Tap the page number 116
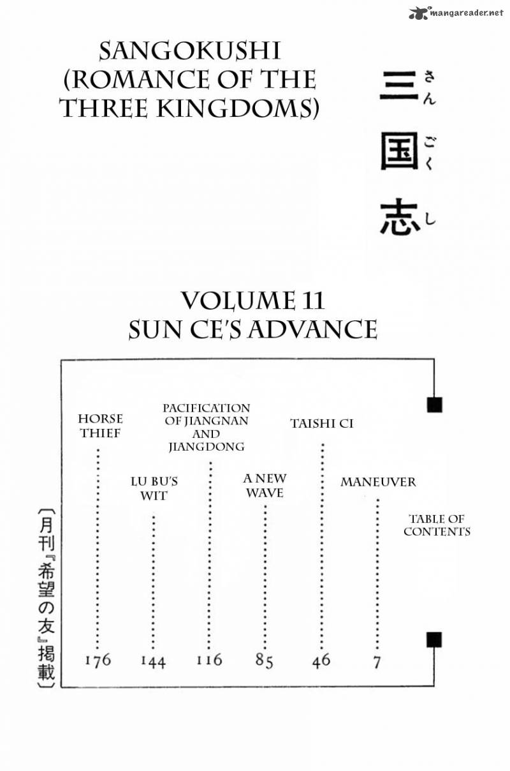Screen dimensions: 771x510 click(x=209, y=660)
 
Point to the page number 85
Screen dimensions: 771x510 click(x=265, y=661)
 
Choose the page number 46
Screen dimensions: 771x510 click(x=321, y=660)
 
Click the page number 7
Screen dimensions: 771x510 click(x=377, y=662)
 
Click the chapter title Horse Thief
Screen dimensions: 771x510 click(x=100, y=426)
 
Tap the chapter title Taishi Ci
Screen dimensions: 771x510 click(x=321, y=423)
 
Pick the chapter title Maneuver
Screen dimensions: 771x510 click(x=377, y=482)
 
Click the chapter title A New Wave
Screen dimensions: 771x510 click(x=265, y=485)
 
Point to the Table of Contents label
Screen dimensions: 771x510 click(x=437, y=525)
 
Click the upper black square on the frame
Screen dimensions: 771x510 click(x=435, y=405)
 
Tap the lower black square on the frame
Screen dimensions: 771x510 click(x=434, y=640)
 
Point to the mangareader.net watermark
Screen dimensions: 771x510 click(x=456, y=12)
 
